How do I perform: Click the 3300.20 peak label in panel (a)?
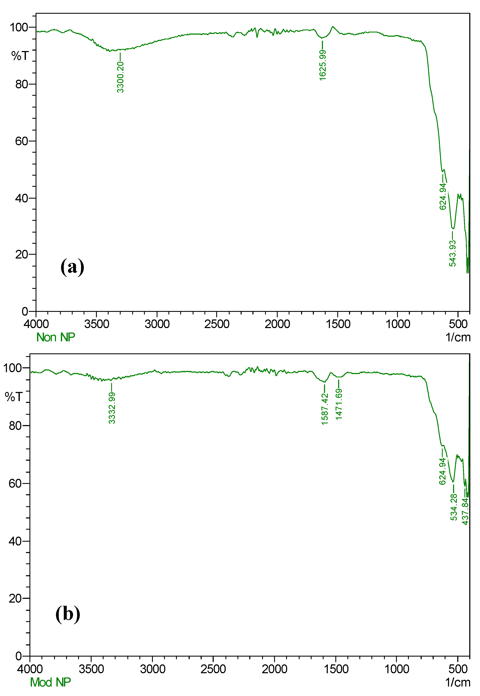point(120,77)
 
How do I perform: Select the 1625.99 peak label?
point(323,65)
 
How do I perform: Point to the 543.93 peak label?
point(452,253)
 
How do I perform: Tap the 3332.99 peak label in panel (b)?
point(112,408)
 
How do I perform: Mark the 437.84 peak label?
point(465,511)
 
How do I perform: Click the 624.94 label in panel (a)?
point(443,196)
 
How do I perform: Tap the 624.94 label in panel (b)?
point(442,471)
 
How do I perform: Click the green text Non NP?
point(56,337)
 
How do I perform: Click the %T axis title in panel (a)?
point(20,56)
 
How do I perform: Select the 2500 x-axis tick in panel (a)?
point(217,324)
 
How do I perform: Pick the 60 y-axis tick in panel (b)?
point(15,484)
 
